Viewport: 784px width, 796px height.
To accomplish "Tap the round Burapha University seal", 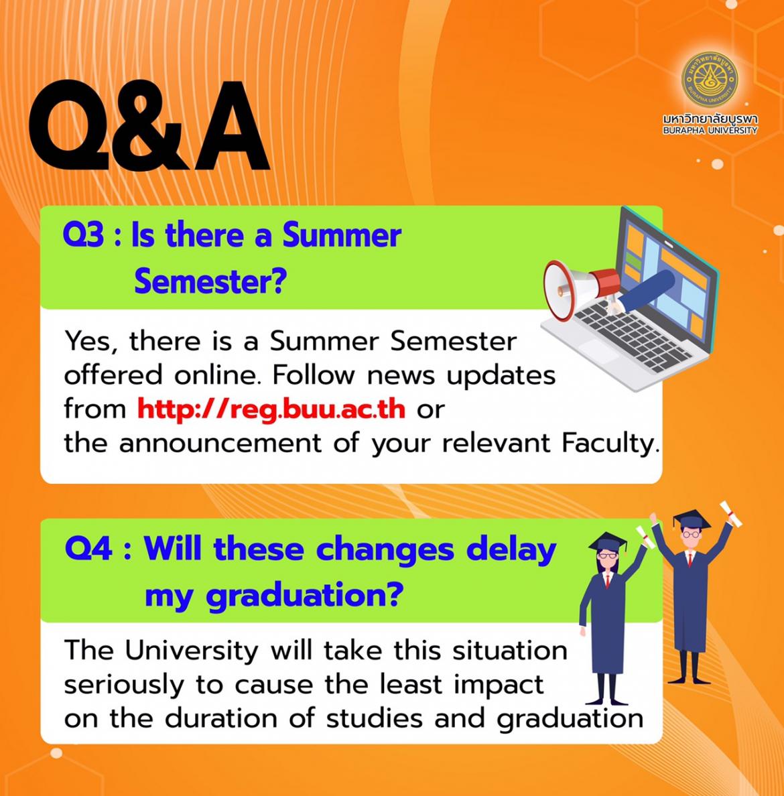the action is [710, 78].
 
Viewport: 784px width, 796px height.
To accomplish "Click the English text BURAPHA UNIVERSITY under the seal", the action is [710, 131].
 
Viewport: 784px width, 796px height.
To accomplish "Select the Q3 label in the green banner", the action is [83, 236].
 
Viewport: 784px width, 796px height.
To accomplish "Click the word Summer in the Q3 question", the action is [342, 235].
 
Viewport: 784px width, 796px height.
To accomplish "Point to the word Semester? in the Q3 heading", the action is [210, 281].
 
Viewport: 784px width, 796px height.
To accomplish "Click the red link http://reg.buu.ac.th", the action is [271, 409].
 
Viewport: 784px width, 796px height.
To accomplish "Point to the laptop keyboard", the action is [632, 336].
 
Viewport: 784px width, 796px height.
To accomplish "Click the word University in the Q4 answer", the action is [192, 651].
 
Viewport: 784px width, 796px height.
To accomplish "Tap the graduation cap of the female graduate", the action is [608, 544].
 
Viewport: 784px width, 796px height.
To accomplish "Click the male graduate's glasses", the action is [690, 534].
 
